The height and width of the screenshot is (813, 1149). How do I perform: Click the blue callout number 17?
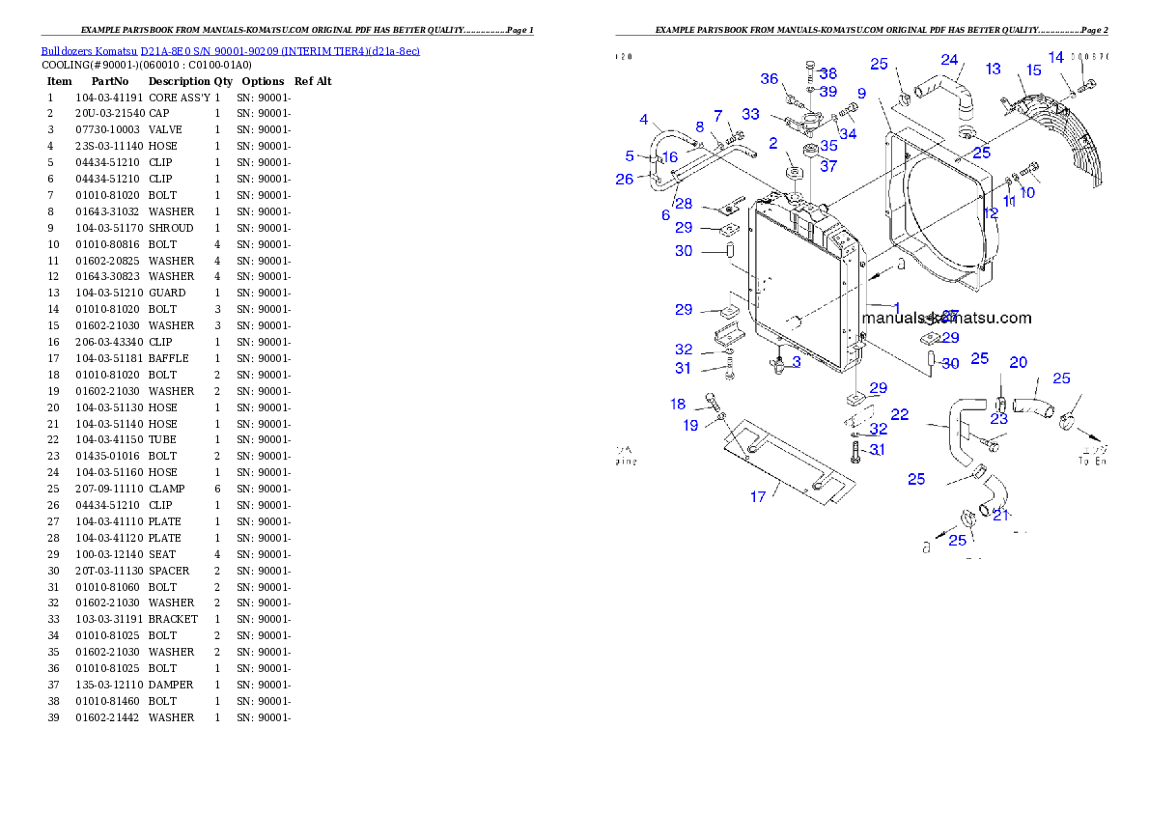coord(758,496)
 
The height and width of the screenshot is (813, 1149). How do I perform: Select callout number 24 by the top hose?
coord(949,60)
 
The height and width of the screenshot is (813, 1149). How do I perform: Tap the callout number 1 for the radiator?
coord(896,308)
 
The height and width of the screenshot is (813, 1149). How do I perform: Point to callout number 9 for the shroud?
coord(860,94)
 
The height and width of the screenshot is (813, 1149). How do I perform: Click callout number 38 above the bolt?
coord(827,73)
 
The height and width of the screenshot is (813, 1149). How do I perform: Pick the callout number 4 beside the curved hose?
coord(644,120)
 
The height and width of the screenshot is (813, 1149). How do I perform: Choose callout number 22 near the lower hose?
coord(899,414)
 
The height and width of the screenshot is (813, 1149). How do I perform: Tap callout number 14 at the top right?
coord(1055,57)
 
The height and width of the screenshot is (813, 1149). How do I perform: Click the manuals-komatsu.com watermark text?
coord(946,318)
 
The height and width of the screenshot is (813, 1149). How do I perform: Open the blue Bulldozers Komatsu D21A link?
coord(230,50)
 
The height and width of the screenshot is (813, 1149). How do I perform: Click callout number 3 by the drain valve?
coord(796,361)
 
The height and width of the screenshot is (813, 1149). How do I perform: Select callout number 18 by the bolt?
coord(678,404)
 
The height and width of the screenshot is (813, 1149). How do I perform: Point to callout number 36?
coord(769,78)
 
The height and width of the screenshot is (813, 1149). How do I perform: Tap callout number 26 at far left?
coord(624,179)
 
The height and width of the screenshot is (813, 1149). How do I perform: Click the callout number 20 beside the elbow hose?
coord(1018,363)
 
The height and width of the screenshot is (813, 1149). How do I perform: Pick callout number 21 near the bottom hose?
coord(1000,515)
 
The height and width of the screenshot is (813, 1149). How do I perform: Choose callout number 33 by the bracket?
coord(750,114)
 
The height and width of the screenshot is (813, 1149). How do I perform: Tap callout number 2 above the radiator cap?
coord(773,143)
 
